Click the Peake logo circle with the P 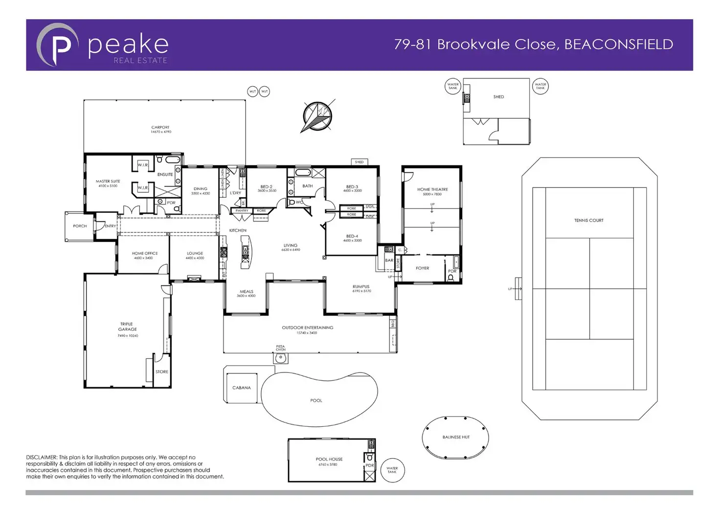point(58,45)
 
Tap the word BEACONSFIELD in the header point(619,45)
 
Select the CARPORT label point(160,127)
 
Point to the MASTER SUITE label point(108,181)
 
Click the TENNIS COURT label point(588,220)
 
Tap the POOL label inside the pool point(316,400)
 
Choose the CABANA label point(242,388)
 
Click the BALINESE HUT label point(456,437)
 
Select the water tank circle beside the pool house point(392,470)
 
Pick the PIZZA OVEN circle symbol point(281,358)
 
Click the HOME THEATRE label point(432,189)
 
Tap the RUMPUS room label point(361,286)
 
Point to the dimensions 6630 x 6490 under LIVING point(291,250)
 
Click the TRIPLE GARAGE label point(127,326)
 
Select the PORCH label point(80,226)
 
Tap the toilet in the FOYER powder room point(451,278)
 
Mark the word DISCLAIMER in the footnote point(42,457)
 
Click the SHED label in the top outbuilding point(498,97)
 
